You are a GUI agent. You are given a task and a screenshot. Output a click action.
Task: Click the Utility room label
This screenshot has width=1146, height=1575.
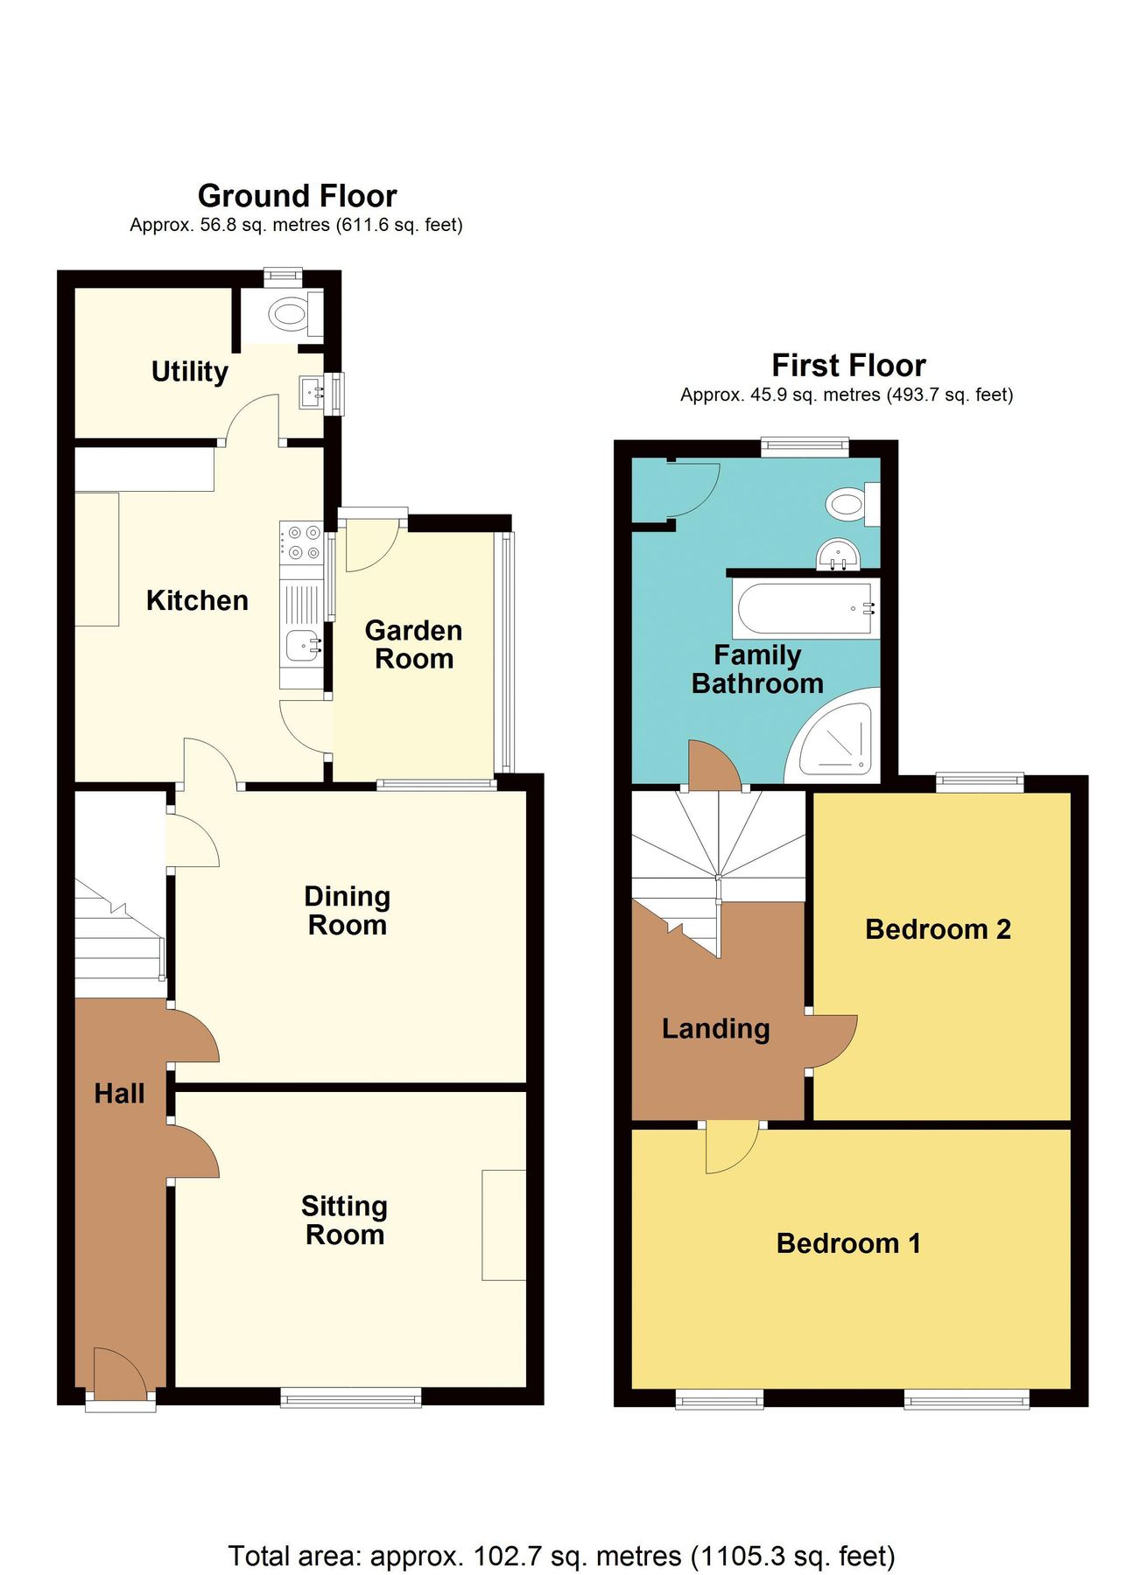(189, 372)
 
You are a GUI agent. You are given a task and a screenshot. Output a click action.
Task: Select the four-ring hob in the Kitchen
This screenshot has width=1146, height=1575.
(301, 542)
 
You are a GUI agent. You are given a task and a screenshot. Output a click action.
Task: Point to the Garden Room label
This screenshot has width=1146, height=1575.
(413, 644)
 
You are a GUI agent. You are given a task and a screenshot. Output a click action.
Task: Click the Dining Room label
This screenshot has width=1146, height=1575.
(348, 911)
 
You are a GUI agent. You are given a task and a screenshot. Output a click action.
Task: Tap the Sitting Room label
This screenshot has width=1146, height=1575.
(345, 1221)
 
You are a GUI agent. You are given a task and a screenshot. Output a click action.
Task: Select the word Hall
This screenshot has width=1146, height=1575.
(119, 1094)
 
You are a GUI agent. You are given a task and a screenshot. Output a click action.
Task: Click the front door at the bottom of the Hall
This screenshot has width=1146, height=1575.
(120, 1375)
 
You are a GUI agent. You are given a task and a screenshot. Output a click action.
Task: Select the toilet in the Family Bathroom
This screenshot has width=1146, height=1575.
(847, 503)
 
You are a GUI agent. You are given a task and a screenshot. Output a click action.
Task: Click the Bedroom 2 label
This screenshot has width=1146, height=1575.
(938, 929)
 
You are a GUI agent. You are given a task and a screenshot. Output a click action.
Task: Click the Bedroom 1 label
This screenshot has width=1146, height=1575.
(848, 1243)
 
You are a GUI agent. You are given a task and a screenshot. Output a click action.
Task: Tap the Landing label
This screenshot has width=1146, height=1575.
(715, 1029)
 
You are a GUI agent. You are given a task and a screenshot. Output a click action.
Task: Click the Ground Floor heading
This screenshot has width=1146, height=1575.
(297, 195)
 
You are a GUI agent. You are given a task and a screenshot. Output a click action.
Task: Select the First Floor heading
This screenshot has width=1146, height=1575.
(848, 365)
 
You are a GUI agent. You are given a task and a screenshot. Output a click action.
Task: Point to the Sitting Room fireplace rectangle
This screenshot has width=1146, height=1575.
(503, 1225)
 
